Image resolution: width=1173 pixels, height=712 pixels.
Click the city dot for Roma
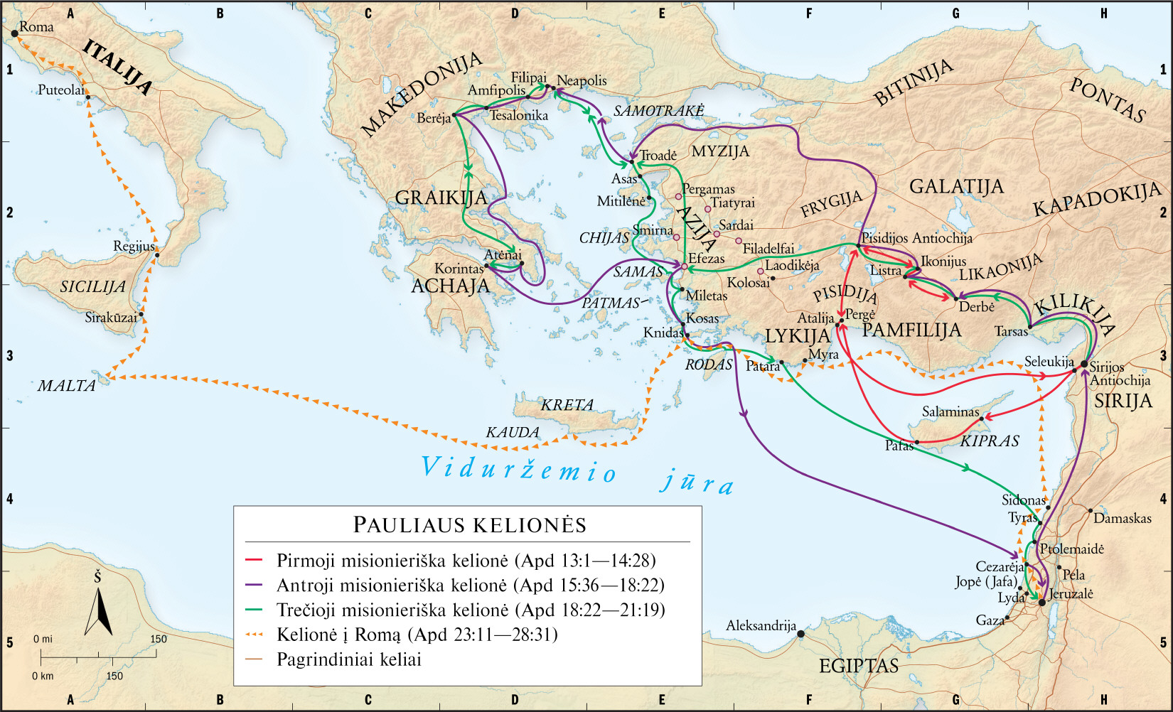(x=14, y=33)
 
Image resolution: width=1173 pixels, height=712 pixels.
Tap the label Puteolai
(x=60, y=90)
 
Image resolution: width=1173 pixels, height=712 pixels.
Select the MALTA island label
(x=66, y=386)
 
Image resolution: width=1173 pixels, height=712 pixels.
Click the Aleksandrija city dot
(x=801, y=633)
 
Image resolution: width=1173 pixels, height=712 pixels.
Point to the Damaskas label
(x=1122, y=519)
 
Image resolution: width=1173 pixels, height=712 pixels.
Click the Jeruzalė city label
(x=1071, y=594)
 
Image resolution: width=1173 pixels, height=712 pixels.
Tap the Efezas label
(x=707, y=259)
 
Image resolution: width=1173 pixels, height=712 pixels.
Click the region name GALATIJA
(x=956, y=187)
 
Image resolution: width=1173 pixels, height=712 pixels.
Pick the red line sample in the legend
(x=254, y=561)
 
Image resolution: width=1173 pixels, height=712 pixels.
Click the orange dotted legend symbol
(x=254, y=635)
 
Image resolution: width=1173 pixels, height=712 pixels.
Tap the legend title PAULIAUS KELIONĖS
(x=469, y=525)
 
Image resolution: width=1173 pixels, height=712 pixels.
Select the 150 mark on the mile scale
(x=158, y=639)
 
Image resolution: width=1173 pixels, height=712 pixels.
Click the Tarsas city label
(x=1011, y=332)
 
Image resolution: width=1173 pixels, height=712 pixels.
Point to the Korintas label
(x=459, y=269)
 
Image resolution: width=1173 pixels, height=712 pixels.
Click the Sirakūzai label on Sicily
(x=111, y=318)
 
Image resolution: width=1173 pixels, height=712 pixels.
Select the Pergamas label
(x=708, y=189)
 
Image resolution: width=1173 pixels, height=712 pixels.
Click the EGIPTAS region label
(x=858, y=666)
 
